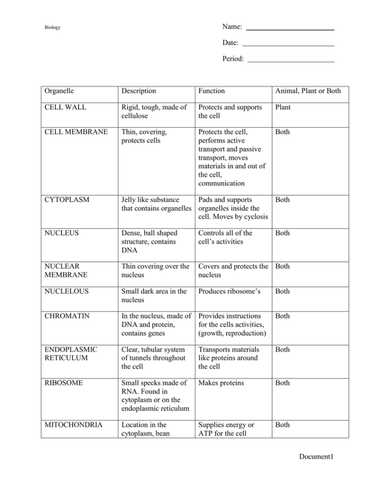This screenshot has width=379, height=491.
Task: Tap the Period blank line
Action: (290, 62)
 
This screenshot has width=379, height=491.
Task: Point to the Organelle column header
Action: (59, 91)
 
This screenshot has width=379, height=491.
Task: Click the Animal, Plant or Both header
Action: (308, 91)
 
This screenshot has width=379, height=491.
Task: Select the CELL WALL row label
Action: (65, 107)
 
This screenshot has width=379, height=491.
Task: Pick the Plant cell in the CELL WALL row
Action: (283, 107)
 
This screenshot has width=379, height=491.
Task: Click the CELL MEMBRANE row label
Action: (76, 132)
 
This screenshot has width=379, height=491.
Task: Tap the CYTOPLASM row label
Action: (66, 199)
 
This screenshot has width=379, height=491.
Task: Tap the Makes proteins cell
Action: (221, 383)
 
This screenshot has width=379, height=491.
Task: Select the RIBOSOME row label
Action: (64, 383)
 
